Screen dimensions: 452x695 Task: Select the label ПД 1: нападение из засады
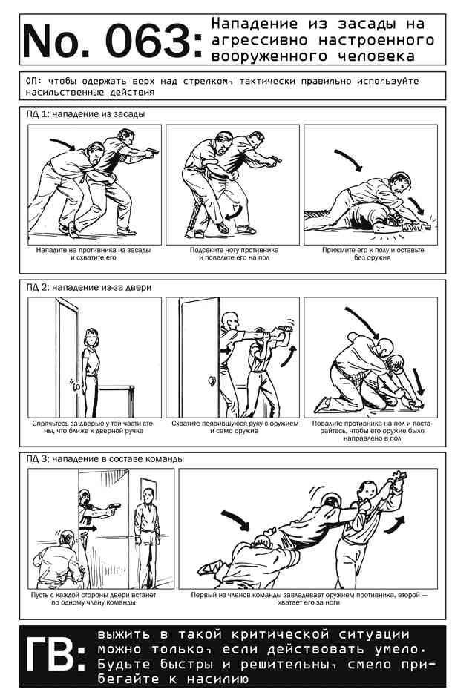pos(85,114)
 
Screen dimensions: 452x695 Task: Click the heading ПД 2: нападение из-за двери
pos(89,287)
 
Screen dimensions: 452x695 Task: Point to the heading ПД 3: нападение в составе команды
pos(105,458)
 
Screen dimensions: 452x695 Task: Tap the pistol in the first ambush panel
pos(153,151)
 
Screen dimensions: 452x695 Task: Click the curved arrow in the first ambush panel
pos(62,144)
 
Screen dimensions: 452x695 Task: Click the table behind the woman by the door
pos(117,399)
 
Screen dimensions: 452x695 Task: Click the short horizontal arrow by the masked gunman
pos(88,528)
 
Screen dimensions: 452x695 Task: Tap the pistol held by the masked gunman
pos(114,507)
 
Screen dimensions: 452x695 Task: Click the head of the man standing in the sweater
pos(148,495)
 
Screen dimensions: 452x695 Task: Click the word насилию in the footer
pos(217,679)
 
